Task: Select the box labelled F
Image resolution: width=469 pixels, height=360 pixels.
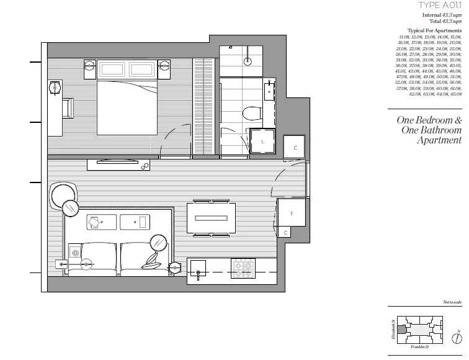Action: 292,213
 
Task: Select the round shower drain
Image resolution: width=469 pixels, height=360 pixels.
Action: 248,61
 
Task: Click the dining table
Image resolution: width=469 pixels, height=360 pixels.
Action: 211,218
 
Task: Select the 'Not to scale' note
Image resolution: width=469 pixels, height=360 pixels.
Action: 452,302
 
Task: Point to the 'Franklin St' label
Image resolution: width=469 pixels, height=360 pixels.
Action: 422,348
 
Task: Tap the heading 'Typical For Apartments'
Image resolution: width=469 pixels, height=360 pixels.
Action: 434,30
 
